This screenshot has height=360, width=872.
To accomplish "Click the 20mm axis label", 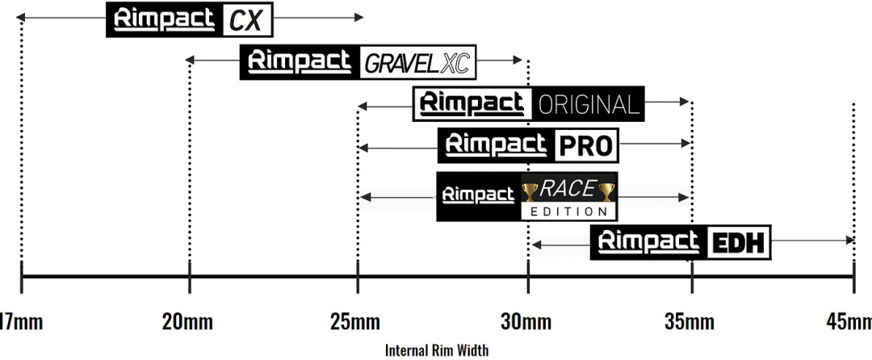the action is [x=187, y=322].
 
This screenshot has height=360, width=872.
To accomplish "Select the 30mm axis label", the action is [x=526, y=322].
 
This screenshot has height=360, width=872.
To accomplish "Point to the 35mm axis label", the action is [x=690, y=322].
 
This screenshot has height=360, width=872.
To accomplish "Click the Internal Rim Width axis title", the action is [x=437, y=350].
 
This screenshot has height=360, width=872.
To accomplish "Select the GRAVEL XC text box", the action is [x=418, y=63].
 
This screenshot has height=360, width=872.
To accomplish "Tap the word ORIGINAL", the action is [x=587, y=104].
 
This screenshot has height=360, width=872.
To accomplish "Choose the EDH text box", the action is [x=739, y=243].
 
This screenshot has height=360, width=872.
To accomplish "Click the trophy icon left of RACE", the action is [x=530, y=192].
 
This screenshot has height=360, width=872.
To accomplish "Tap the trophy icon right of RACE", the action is [x=606, y=192].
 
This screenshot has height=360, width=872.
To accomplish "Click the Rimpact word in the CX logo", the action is [x=164, y=19].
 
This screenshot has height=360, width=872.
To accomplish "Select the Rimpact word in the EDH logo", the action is [x=648, y=242].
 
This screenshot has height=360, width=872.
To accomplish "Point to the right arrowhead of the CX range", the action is [x=358, y=18].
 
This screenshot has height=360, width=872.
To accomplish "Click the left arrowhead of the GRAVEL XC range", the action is [x=189, y=60].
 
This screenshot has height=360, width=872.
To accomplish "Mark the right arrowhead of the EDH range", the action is [x=850, y=240].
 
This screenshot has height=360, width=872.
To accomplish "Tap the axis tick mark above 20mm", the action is [x=190, y=277].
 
